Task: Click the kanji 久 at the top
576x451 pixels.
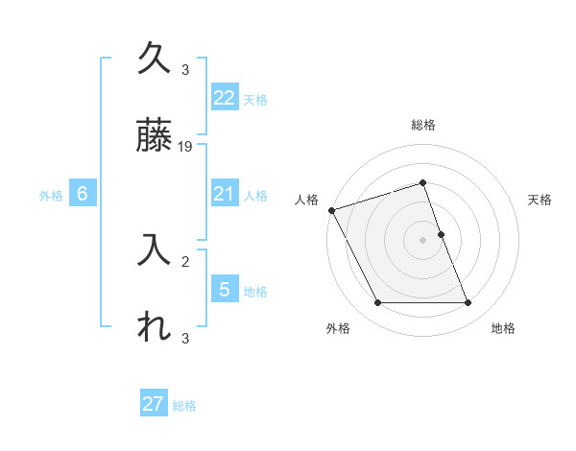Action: point(154,59)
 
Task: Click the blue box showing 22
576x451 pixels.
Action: point(224,97)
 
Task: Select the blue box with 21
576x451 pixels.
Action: point(224,194)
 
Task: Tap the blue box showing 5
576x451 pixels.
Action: point(224,289)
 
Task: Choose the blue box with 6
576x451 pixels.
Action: point(83,194)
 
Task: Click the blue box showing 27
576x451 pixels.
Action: point(154,404)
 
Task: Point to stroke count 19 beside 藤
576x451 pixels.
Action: point(186,147)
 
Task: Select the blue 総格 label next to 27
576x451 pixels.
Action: point(184,406)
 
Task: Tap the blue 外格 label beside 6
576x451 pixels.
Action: point(51,196)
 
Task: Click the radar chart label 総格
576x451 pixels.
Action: point(423,126)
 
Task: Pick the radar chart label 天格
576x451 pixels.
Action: point(540,200)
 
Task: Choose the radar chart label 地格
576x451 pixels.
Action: point(504,328)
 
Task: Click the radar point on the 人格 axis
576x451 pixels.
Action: point(332,210)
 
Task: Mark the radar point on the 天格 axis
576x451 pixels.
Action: point(441,234)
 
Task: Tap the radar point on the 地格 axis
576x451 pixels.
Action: point(468,303)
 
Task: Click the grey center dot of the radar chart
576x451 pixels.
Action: point(423,240)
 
